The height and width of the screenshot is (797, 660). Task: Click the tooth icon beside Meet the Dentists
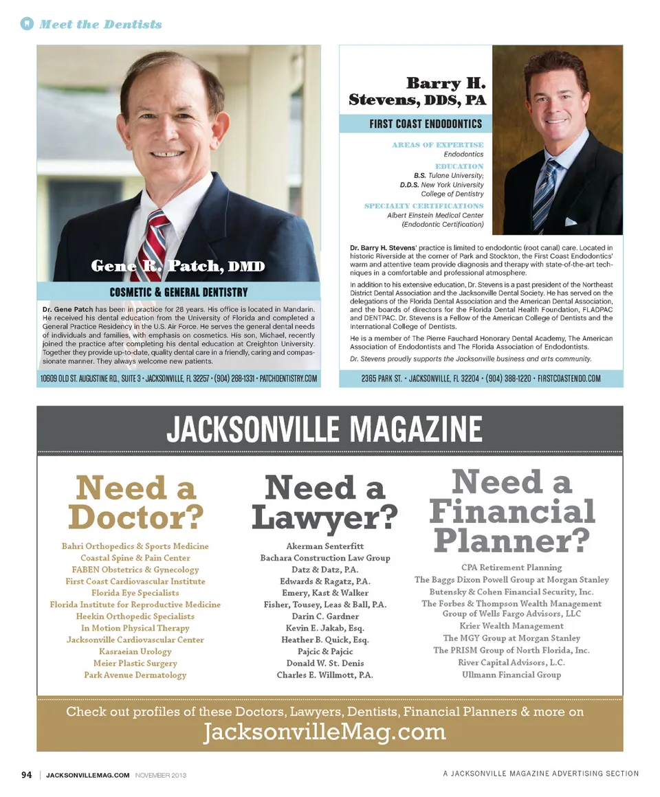click(27, 24)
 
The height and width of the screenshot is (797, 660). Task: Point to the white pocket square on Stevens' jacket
click(570, 221)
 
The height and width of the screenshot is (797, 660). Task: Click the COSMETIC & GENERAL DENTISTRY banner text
click(179, 292)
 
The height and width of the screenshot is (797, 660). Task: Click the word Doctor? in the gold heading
click(136, 517)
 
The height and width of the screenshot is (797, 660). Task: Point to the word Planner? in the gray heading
click(511, 540)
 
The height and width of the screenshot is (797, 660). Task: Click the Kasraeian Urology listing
click(135, 651)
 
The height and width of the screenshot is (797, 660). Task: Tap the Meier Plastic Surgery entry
click(135, 663)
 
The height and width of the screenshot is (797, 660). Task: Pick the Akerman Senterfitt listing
click(324, 546)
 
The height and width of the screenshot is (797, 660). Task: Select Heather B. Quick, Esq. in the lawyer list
click(324, 640)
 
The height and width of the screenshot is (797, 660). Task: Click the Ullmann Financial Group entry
click(511, 675)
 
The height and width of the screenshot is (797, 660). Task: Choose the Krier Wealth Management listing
click(511, 626)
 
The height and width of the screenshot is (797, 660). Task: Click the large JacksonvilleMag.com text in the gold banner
click(324, 732)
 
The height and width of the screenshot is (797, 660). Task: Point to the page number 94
click(27, 775)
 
